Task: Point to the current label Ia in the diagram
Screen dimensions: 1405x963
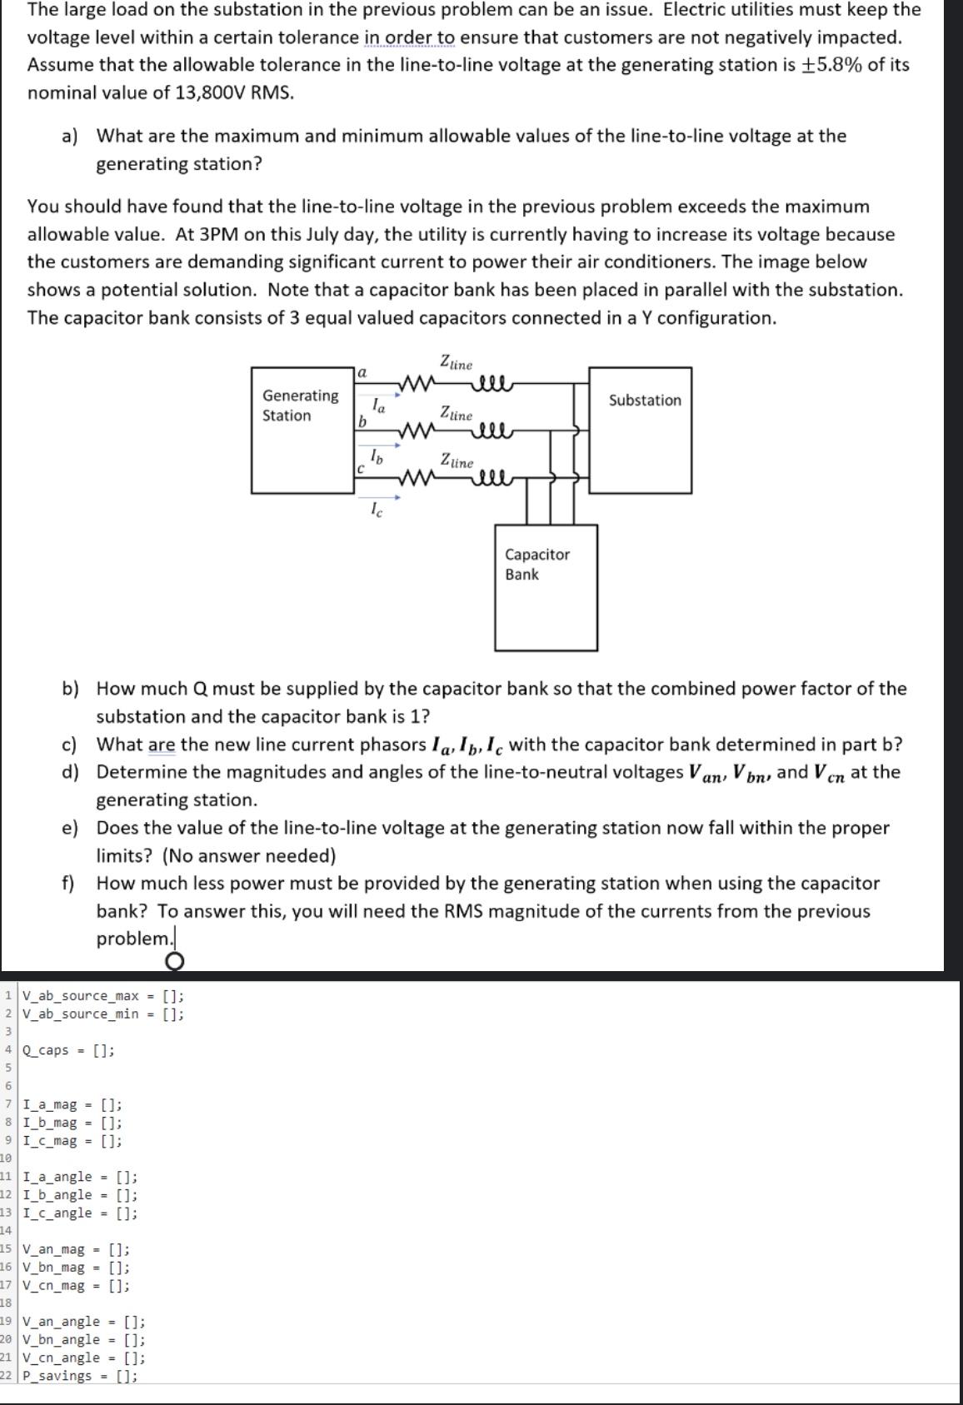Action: (378, 406)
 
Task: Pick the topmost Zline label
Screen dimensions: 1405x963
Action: (456, 363)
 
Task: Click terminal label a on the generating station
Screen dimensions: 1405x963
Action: (362, 373)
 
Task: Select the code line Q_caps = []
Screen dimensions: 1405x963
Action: (68, 1050)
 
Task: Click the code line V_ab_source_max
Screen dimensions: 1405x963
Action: (102, 996)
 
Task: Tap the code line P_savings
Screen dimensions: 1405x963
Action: (80, 1376)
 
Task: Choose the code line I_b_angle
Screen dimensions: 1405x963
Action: (80, 1195)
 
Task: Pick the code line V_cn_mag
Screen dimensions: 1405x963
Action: (76, 1285)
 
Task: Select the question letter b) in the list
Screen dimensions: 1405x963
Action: (70, 689)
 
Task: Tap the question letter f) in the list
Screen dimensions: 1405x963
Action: (68, 883)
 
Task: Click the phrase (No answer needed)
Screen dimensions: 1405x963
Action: (249, 855)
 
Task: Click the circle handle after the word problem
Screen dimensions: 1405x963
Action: (174, 962)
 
